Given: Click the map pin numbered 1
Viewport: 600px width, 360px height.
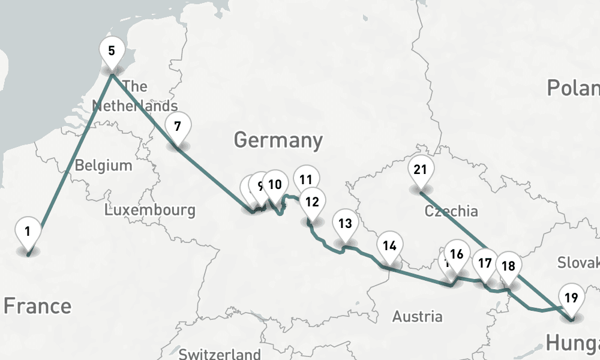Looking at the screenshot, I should [28, 231].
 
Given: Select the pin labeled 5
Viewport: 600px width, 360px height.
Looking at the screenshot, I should [112, 50].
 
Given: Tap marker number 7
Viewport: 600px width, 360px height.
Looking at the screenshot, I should [177, 127].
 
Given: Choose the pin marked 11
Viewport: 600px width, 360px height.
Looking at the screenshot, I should [306, 179].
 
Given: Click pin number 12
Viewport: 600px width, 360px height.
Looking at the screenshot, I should [312, 202].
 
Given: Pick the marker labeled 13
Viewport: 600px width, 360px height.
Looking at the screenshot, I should [344, 224].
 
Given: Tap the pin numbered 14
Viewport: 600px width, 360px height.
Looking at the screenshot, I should [389, 245].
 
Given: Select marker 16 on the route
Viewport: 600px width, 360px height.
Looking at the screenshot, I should [457, 254].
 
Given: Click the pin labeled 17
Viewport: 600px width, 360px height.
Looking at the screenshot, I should [485, 263].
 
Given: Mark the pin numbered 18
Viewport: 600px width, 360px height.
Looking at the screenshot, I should [508, 266].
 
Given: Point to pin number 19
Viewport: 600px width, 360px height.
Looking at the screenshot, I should [571, 298].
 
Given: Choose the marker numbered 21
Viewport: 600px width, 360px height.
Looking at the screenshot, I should [420, 170].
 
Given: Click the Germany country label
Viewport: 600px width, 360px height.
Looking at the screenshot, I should [278, 140].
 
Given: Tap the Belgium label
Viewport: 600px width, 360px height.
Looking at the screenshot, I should [103, 165].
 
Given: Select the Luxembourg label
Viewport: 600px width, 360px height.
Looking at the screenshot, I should [149, 210].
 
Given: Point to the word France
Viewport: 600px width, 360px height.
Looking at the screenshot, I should [37, 306].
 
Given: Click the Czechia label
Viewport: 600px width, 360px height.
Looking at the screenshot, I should [451, 211].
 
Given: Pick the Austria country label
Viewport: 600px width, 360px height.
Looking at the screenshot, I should [417, 316].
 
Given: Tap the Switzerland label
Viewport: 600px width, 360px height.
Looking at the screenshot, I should [220, 353].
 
